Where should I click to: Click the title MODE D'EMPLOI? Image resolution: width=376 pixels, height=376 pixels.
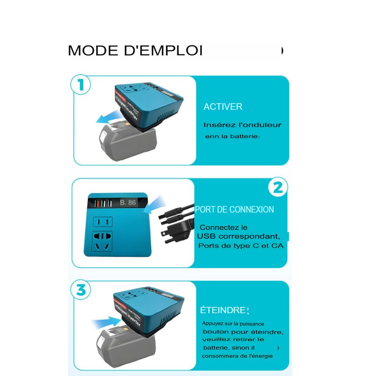pyautogui.click(x=135, y=51)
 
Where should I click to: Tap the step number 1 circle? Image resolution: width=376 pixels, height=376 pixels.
pyautogui.click(x=80, y=85)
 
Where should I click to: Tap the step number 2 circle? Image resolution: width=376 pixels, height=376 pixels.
pyautogui.click(x=278, y=188)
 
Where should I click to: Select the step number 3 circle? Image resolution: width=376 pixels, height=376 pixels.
pyautogui.click(x=81, y=290)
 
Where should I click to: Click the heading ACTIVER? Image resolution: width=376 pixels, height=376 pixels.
pyautogui.click(x=223, y=107)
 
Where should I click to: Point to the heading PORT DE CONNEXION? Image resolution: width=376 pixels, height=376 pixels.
pyautogui.click(x=234, y=210)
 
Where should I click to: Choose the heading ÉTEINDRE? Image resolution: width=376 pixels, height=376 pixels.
pyautogui.click(x=223, y=310)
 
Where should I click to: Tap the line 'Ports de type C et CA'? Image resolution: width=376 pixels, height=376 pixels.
pyautogui.click(x=241, y=246)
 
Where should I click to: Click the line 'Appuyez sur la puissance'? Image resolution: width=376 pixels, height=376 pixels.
pyautogui.click(x=233, y=324)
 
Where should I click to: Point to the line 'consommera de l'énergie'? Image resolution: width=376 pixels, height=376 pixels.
pyautogui.click(x=237, y=356)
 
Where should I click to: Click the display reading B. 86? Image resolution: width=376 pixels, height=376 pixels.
pyautogui.click(x=128, y=202)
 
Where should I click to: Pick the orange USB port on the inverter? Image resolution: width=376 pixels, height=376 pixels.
pyautogui.click(x=98, y=203)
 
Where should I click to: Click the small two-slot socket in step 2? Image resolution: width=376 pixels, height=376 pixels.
pyautogui.click(x=103, y=222)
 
